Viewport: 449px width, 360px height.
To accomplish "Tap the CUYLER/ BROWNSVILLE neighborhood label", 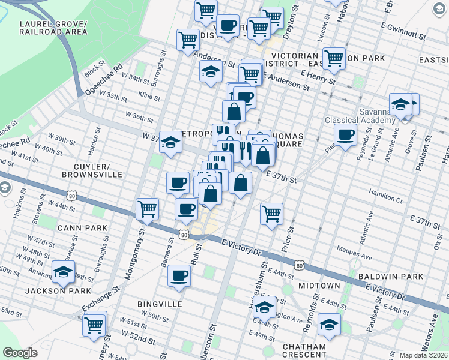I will pos(91,170).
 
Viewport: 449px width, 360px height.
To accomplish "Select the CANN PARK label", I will pos(83,228).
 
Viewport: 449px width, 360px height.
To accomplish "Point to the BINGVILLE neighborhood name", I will pos(160,304).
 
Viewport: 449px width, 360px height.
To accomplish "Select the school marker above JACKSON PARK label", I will pos(63,272).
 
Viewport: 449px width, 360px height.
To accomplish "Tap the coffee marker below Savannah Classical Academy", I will pos(346,135).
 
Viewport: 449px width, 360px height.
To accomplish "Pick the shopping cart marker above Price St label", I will pos(272,213).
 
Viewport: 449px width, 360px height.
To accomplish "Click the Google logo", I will pos(20,353).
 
